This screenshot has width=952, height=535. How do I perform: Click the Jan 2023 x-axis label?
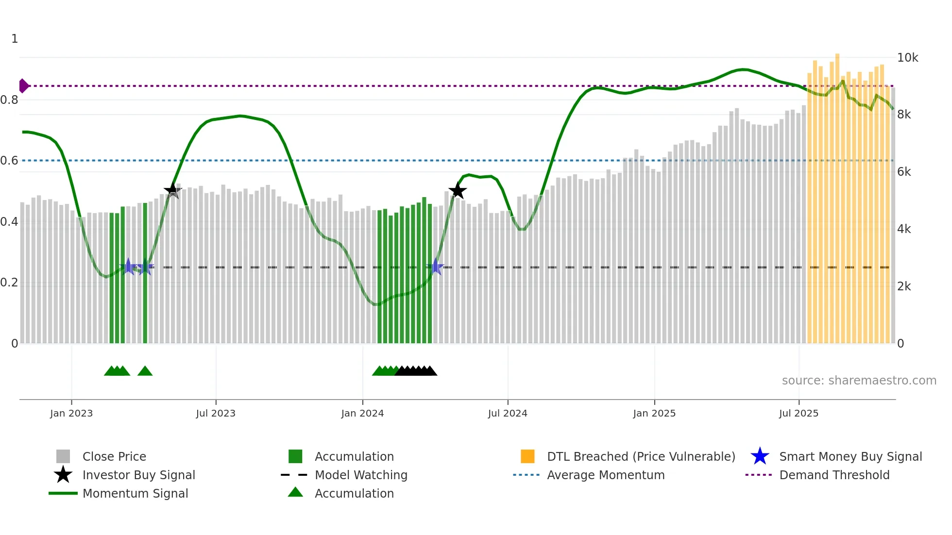point(71,413)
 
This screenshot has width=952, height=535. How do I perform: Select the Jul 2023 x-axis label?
point(216,413)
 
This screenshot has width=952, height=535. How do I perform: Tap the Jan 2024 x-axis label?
point(362,413)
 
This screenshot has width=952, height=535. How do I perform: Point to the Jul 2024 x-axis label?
point(508,413)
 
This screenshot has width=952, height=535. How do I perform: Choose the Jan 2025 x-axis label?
point(654,413)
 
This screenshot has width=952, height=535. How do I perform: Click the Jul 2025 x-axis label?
point(799,413)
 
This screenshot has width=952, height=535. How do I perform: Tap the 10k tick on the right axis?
point(907,58)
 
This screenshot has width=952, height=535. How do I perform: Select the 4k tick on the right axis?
point(904,229)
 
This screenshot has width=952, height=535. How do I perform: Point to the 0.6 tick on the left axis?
point(9,161)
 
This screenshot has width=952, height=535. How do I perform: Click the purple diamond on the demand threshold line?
point(23,86)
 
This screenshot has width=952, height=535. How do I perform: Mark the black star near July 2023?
point(172,190)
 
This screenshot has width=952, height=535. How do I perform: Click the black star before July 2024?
point(457,190)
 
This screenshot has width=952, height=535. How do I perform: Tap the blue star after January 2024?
point(436,267)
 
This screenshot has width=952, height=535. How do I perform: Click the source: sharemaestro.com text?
point(859,381)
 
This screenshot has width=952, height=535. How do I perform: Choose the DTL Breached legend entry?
point(641,456)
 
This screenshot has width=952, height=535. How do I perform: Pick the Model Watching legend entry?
point(361,475)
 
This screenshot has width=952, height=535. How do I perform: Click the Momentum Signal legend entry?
point(135,493)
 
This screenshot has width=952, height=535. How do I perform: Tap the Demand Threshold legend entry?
point(834,475)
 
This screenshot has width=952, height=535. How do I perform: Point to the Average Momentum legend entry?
point(605,475)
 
